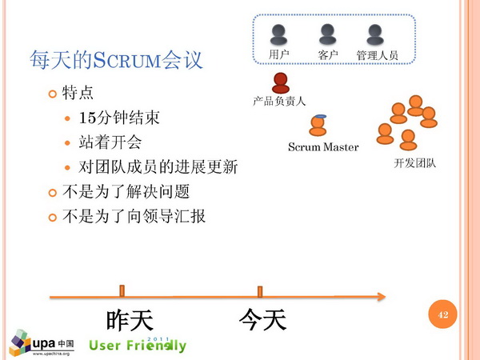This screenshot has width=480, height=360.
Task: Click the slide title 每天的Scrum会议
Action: click(116, 60)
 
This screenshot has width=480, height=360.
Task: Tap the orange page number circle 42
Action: click(442, 314)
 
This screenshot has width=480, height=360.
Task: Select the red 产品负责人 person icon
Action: click(281, 83)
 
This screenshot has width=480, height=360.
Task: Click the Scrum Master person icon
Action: click(318, 126)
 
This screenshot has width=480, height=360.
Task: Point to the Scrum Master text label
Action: click(323, 147)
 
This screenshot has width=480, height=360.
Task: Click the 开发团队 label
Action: click(414, 163)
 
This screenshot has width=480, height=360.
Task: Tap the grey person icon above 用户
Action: click(278, 34)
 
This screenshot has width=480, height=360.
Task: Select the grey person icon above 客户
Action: click(327, 34)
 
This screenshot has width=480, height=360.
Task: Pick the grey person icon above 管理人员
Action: click(375, 34)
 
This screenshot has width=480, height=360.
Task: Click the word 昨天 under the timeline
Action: click(130, 320)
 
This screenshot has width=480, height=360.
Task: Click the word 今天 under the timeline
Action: click(262, 319)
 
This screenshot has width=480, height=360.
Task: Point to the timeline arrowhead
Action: click(382, 296)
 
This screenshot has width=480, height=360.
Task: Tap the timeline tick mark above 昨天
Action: click(122, 291)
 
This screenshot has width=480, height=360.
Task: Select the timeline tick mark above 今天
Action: click(260, 292)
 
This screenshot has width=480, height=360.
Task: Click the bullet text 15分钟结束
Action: click(119, 118)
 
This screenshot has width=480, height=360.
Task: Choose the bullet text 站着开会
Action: click(110, 142)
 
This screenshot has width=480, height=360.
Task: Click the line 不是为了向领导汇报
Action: click(134, 217)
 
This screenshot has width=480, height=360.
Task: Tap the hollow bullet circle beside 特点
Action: click(53, 94)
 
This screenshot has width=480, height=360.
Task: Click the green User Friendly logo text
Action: click(138, 345)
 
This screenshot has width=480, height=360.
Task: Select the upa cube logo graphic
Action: click(20, 342)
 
